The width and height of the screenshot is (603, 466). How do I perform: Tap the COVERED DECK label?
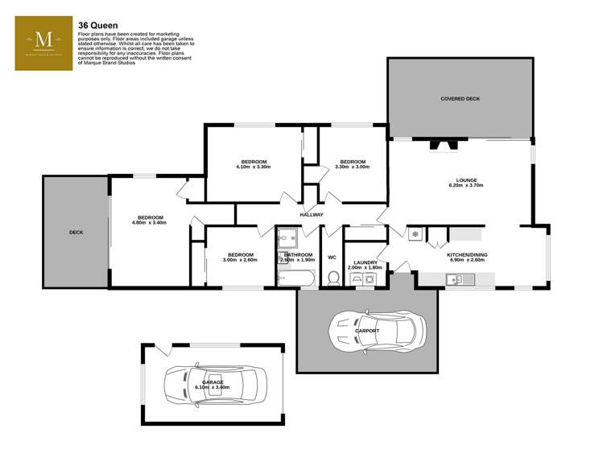click(x=460, y=99)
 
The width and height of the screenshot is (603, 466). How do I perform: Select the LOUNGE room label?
click(x=466, y=180)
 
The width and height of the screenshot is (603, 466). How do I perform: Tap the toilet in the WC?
click(x=332, y=278)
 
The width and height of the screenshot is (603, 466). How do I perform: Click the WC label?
click(x=332, y=258)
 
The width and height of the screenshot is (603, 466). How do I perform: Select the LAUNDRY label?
click(x=366, y=262)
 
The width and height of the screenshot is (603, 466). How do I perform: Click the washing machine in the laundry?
click(x=369, y=278)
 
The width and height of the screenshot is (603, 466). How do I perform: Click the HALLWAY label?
click(x=312, y=215)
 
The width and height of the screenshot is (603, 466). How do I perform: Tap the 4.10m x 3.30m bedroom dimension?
click(x=253, y=167)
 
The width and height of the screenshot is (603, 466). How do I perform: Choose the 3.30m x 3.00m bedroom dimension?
click(x=353, y=167)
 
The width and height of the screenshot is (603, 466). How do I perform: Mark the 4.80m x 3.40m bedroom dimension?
click(x=150, y=223)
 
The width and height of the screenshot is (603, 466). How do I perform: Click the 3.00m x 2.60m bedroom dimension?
click(x=240, y=260)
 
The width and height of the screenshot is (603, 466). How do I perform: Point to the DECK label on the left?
click(x=76, y=232)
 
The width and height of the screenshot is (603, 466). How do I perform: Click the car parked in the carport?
click(x=377, y=329)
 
